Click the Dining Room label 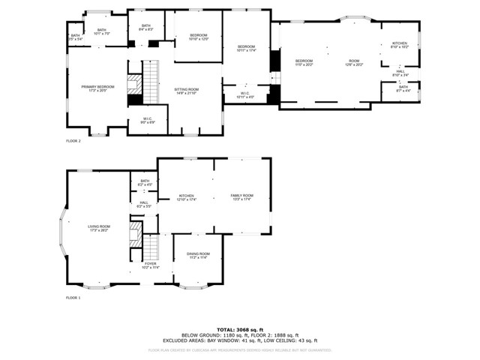click(x=198, y=256)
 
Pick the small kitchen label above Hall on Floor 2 click(x=400, y=45)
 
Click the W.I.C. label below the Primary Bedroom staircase click(x=148, y=120)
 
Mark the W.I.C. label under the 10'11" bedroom click(x=245, y=95)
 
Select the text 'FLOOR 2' click(x=73, y=141)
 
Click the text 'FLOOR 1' click(x=73, y=298)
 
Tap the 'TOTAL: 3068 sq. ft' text click(x=240, y=329)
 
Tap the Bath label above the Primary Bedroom click(x=101, y=31)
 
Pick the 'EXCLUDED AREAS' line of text click(x=240, y=340)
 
